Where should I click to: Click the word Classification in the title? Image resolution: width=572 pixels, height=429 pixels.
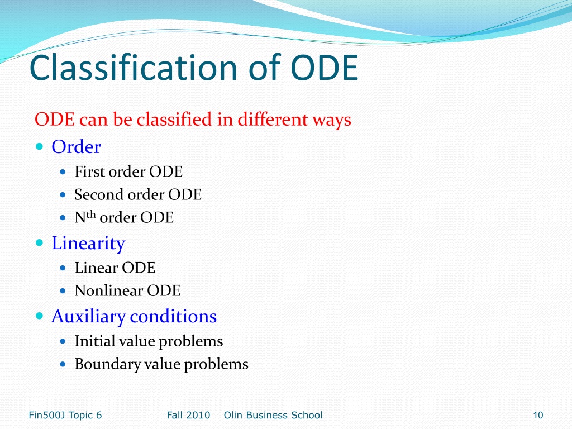(134, 68)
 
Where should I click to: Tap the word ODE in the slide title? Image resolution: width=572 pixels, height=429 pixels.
(325, 68)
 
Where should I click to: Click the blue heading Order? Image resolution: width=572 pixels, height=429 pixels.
(76, 147)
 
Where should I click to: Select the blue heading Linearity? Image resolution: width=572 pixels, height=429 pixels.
(88, 244)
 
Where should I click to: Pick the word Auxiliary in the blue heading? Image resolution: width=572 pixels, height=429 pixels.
(88, 316)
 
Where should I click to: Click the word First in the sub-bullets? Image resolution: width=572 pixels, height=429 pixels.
(89, 171)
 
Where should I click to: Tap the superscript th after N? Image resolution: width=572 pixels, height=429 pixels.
(91, 214)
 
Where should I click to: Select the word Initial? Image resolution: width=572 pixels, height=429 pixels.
(94, 341)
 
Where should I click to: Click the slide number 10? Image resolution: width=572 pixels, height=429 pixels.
(538, 415)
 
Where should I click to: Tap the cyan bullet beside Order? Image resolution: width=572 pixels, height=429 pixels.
(40, 147)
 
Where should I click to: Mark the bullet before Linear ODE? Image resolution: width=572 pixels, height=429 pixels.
(63, 268)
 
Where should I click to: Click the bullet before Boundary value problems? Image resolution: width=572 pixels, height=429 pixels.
(63, 364)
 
